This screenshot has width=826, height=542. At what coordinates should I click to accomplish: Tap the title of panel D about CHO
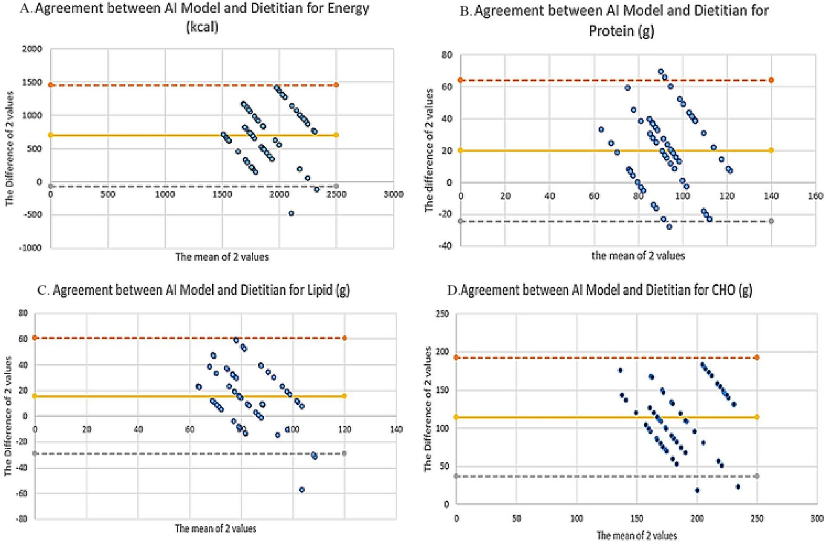[599, 290]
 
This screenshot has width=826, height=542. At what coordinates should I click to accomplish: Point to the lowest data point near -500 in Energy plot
[291, 214]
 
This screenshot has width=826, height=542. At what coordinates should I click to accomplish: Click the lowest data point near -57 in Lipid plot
[302, 490]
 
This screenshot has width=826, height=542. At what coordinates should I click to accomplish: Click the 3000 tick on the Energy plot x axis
[393, 194]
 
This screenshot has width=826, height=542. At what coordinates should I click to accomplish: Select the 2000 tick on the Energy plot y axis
[32, 50]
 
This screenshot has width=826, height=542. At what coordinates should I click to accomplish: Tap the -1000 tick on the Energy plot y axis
[31, 248]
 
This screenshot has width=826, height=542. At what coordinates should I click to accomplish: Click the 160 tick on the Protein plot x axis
[816, 196]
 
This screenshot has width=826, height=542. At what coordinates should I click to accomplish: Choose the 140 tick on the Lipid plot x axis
[396, 430]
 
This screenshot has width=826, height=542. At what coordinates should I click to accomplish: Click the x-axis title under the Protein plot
[638, 256]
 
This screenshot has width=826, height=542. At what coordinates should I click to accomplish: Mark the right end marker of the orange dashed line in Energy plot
[336, 85]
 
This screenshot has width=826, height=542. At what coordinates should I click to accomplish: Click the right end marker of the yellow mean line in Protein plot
[771, 150]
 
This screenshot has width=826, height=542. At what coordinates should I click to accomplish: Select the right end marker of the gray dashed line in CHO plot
[757, 476]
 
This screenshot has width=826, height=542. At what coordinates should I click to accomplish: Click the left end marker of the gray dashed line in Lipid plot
[35, 454]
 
